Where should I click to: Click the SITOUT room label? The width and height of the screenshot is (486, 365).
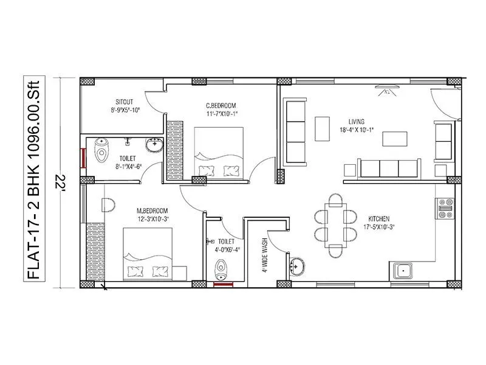coord(125,102)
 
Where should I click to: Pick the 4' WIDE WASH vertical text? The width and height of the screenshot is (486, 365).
coord(265,255)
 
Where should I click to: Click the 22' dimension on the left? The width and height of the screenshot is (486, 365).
coord(60,182)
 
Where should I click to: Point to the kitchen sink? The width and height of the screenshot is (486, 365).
coord(402,269)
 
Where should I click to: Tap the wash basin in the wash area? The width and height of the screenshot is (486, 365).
coord(297,265)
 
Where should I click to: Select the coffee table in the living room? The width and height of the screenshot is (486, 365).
coord(321,128)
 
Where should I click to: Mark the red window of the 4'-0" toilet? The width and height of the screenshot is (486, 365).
coord(224,283)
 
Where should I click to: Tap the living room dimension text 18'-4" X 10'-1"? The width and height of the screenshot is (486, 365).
coord(361,129)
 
